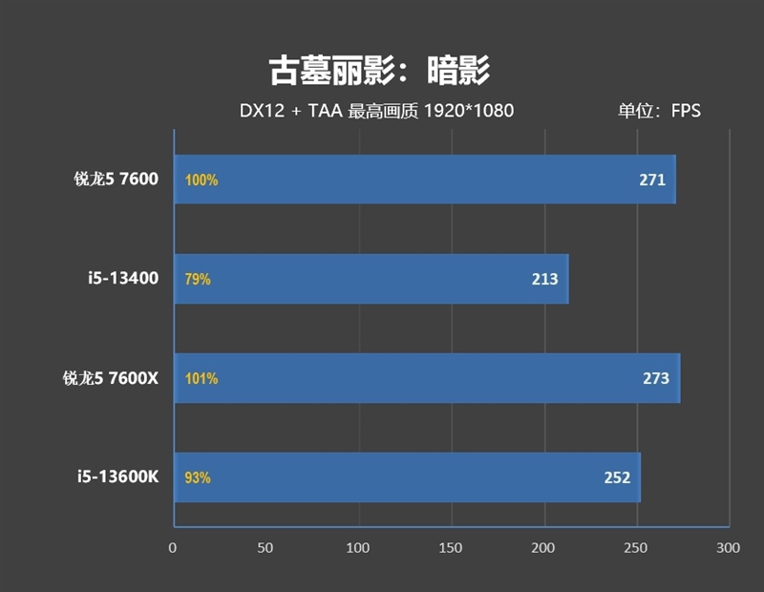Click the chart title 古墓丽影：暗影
[379, 70]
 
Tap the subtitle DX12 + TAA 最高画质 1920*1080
[376, 111]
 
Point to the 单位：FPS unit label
[659, 111]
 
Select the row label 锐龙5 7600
[116, 179]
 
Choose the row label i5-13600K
[118, 476]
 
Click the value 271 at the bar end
[652, 180]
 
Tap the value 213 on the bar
[545, 280]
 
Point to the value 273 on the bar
[656, 378]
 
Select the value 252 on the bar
[617, 477]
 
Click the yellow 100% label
[202, 180]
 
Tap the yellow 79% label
[198, 280]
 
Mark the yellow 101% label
[202, 378]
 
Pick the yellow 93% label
[198, 477]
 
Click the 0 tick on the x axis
[173, 548]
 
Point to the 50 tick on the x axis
[265, 548]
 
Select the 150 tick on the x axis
[451, 548]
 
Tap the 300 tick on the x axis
[729, 548]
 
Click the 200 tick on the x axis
[543, 548]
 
